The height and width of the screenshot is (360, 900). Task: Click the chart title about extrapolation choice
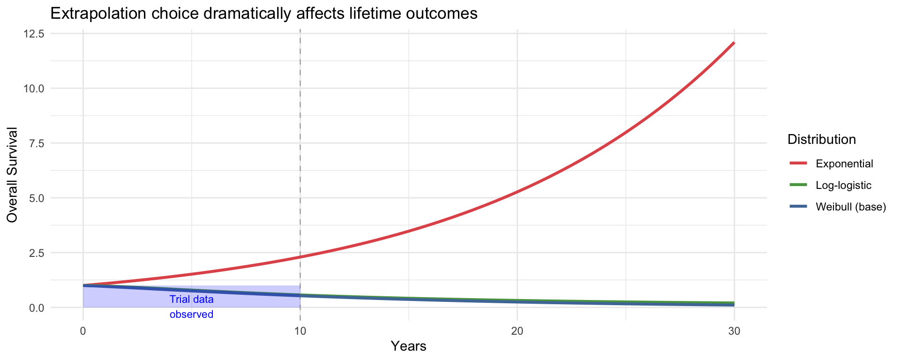coord(263,14)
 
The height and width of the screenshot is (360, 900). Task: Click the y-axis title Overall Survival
coord(13,175)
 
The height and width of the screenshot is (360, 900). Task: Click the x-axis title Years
coord(408,346)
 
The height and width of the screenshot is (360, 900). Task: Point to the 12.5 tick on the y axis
coord(36,34)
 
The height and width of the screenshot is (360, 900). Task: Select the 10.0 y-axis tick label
coord(36,89)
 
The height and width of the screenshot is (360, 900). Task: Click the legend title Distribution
coord(822,139)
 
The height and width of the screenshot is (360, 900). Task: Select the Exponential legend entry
coord(844,164)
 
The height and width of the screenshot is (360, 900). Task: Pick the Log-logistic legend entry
coord(843,185)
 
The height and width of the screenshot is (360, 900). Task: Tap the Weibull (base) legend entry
coord(850,207)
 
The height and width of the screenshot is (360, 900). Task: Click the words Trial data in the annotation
coord(191,300)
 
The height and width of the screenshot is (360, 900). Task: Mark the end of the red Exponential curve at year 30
coord(734,43)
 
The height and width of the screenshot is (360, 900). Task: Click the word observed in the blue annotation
coord(191,315)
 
